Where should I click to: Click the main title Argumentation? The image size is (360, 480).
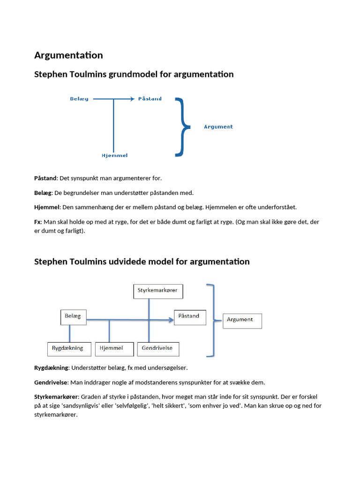[68, 55]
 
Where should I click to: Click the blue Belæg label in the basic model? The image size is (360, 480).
[79, 99]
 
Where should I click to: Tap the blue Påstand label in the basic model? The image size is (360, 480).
[150, 99]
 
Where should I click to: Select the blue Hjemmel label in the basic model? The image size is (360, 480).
[114, 155]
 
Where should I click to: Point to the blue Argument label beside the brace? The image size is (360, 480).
[218, 127]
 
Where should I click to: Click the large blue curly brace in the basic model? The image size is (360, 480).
[182, 127]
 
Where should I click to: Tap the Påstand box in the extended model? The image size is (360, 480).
[189, 316]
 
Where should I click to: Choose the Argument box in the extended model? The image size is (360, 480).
[241, 320]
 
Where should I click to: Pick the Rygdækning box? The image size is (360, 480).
[68, 348]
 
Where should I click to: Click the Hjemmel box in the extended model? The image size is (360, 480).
[112, 348]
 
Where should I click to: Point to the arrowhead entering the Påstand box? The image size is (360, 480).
[170, 320]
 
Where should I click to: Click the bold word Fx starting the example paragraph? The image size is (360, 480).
[38, 222]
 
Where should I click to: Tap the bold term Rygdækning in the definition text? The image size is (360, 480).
[52, 367]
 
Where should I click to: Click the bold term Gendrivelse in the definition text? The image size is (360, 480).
[51, 382]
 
